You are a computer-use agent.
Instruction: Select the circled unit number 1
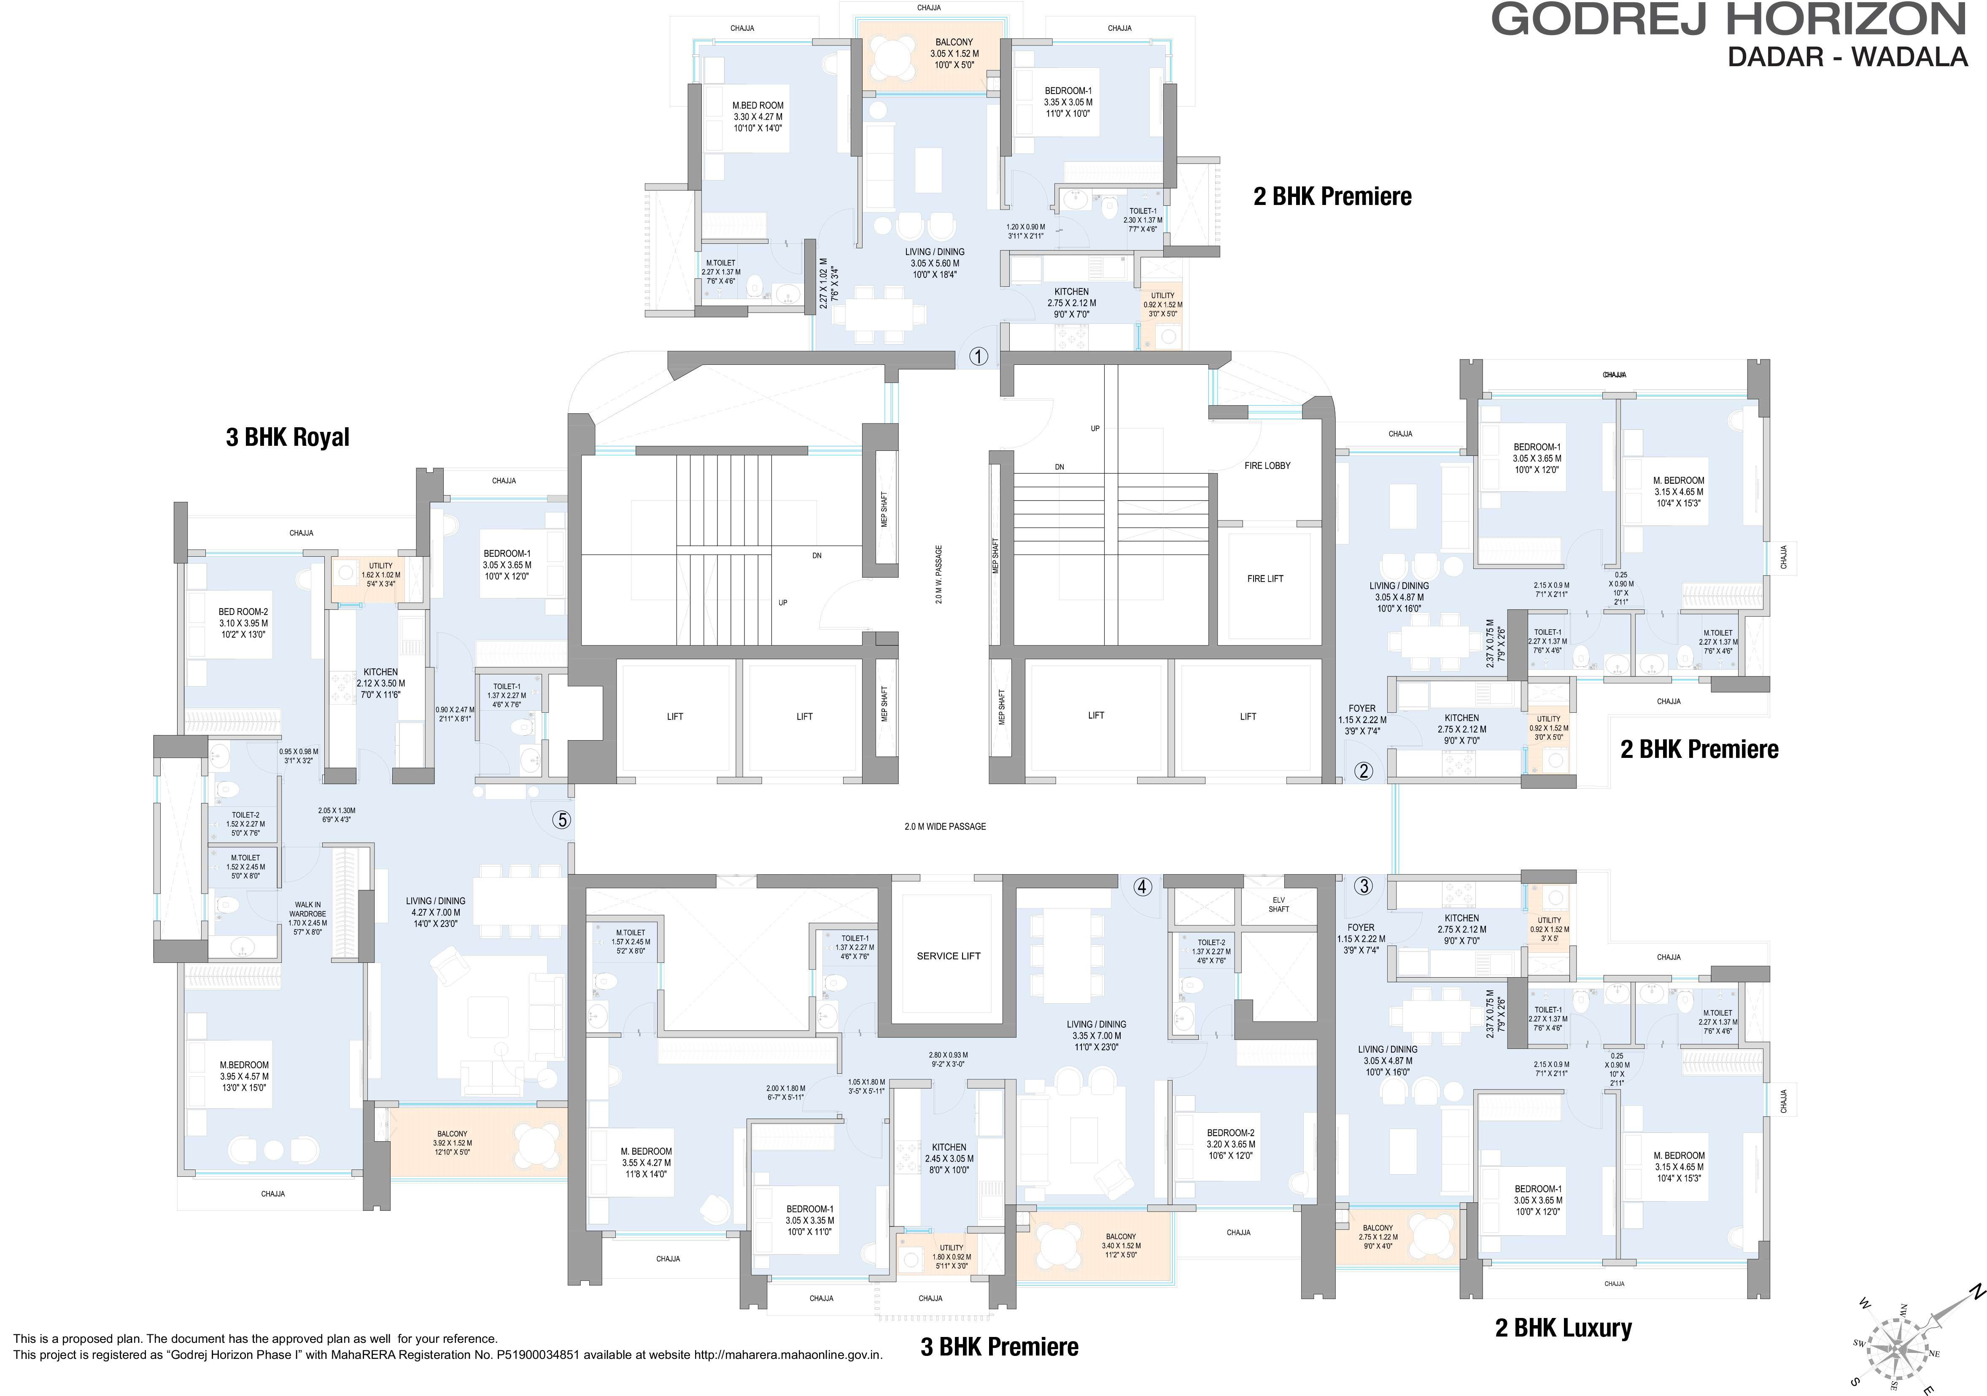(x=978, y=356)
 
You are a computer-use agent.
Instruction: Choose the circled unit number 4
(x=1142, y=886)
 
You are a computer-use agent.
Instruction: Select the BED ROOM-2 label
(x=243, y=622)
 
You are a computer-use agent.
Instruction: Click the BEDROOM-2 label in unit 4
(x=1230, y=1143)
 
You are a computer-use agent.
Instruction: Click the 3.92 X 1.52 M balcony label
(x=452, y=1143)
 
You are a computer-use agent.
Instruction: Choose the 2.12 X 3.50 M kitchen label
(x=381, y=683)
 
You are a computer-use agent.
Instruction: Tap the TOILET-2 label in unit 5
(x=245, y=823)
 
